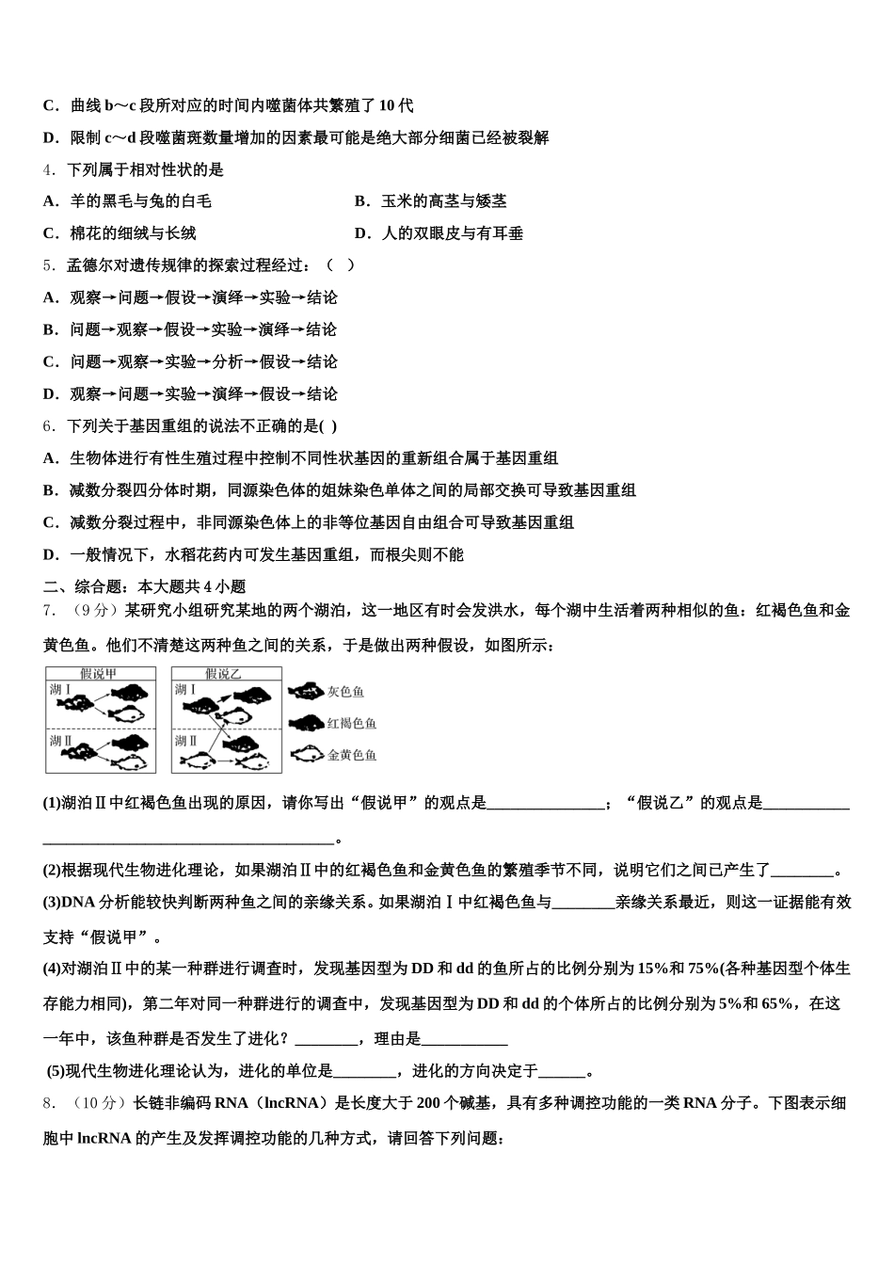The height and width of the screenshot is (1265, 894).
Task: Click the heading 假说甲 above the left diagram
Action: pos(99,674)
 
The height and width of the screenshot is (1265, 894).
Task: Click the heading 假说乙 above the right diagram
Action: pos(224,674)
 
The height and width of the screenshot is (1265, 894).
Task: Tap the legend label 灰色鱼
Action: pos(345,692)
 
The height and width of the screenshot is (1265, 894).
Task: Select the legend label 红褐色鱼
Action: pos(351,723)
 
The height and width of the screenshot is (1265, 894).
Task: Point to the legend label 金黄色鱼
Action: pos(351,755)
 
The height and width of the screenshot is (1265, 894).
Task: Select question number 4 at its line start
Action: pos(49,170)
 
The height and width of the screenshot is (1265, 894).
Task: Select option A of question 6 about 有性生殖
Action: pos(301,458)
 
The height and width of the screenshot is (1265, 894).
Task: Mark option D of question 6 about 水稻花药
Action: pos(254,554)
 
